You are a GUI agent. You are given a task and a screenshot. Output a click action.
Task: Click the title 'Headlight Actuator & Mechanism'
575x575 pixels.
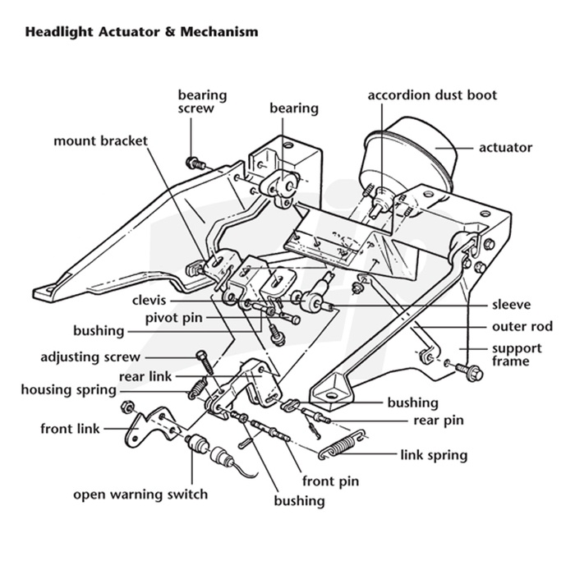141,33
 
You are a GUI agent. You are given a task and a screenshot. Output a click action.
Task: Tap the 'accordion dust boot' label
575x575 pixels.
432,95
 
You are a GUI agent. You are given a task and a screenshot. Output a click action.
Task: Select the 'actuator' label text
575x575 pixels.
505,148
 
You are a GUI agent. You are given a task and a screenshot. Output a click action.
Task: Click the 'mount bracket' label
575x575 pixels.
100,140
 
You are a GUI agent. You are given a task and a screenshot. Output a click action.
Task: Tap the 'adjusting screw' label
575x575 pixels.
90,357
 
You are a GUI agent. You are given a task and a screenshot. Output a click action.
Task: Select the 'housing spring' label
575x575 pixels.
71,389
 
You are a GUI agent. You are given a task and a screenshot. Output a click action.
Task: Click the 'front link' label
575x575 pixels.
70,428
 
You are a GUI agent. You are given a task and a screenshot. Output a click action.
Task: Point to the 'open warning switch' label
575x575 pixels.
140,494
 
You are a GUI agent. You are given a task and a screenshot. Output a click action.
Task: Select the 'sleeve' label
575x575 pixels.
511,304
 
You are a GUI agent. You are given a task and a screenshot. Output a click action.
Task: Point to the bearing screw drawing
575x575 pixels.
195,162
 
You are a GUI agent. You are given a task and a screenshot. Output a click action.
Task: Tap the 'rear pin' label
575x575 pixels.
438,421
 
